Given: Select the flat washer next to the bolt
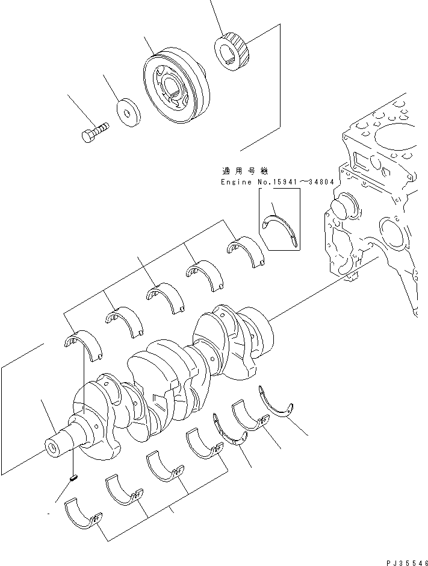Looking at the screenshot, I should (127, 112).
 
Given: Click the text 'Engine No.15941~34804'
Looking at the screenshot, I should (277, 182).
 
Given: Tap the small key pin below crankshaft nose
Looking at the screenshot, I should (74, 479).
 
